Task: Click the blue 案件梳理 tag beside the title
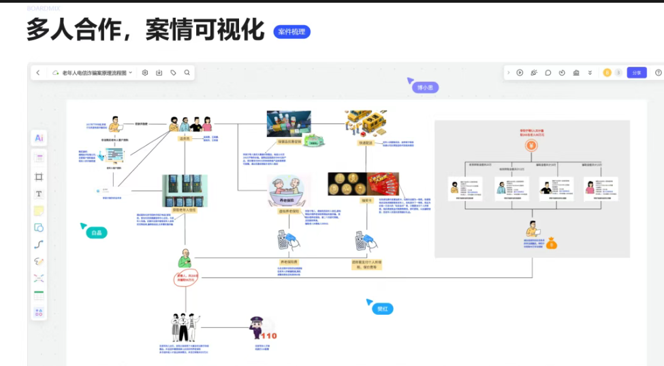(x=291, y=31)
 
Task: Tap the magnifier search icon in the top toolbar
(x=187, y=72)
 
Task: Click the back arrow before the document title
(x=38, y=72)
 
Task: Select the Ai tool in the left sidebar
(x=39, y=138)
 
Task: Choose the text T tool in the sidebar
(x=39, y=194)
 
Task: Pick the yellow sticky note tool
(x=39, y=211)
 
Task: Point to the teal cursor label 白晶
(x=97, y=232)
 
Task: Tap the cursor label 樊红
(x=382, y=309)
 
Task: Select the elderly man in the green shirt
(x=183, y=260)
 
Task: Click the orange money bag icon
(x=552, y=243)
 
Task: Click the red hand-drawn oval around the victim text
(x=185, y=279)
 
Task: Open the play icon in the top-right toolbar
(x=520, y=72)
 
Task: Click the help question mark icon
(x=658, y=72)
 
